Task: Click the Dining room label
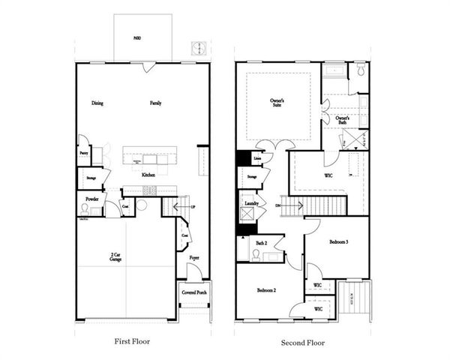[97, 103]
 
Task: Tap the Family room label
[156, 103]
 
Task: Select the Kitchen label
[148, 175]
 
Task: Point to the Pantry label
[84, 152]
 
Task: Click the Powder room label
[91, 199]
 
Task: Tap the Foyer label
[194, 258]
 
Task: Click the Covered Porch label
[193, 292]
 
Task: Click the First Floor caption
[131, 341]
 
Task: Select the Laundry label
[251, 202]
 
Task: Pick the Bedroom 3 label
[339, 242]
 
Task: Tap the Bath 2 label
[261, 244]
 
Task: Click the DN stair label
[278, 205]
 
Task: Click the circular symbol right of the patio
[199, 47]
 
